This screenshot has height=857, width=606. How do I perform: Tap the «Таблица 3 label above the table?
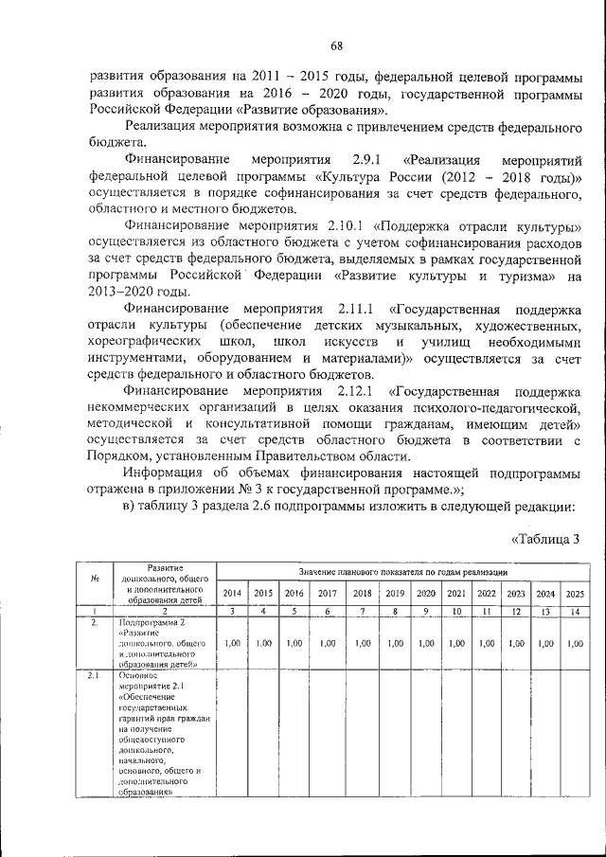(544, 540)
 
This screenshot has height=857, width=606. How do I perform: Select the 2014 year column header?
(232, 593)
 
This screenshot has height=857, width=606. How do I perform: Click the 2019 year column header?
(395, 593)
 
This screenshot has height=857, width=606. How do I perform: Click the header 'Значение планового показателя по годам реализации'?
(402, 573)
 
